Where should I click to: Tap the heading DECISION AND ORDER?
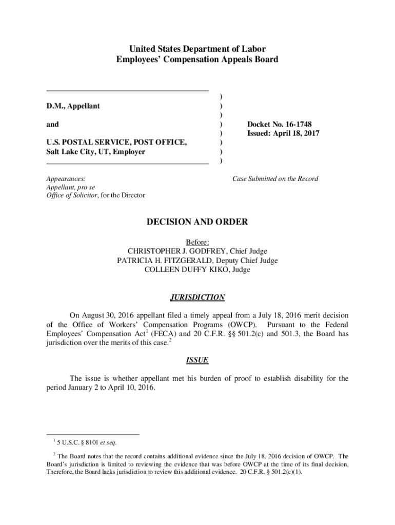(x=197, y=222)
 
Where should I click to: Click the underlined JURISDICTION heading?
(x=197, y=297)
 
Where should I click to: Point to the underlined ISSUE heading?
(x=197, y=360)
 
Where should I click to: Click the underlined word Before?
(x=197, y=242)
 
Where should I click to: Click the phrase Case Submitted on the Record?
(x=275, y=179)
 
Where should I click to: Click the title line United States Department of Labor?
(x=197, y=50)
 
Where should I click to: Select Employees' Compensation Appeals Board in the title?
(x=197, y=59)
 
